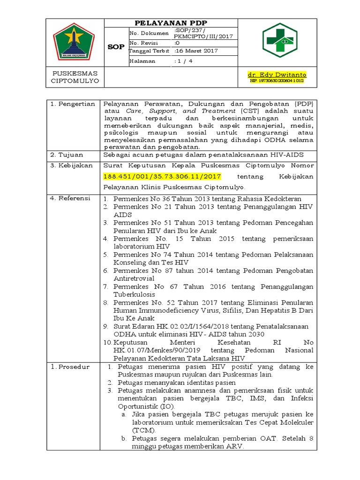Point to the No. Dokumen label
coord(149,33)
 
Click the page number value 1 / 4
coord(183,61)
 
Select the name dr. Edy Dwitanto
coord(277,75)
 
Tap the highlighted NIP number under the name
coord(277,81)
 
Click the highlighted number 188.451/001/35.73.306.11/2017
coord(162,176)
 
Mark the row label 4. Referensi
coord(71,198)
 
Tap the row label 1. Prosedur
coord(71,367)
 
